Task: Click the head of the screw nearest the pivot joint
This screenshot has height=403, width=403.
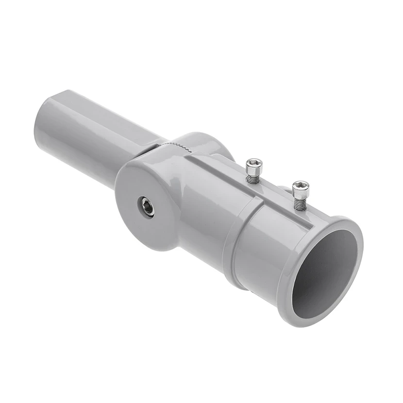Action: [254, 166]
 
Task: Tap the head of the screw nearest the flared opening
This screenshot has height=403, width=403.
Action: [301, 187]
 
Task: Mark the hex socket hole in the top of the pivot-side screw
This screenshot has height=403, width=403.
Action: [254, 163]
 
